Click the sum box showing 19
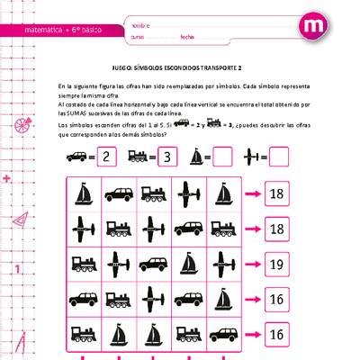coord(276,265)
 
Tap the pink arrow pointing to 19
coord(251,265)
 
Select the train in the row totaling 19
coord(83,265)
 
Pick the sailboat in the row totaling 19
coord(188,265)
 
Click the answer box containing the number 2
coord(107,157)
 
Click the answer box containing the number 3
coord(167,157)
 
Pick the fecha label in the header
coord(187,37)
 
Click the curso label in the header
coord(138,37)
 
